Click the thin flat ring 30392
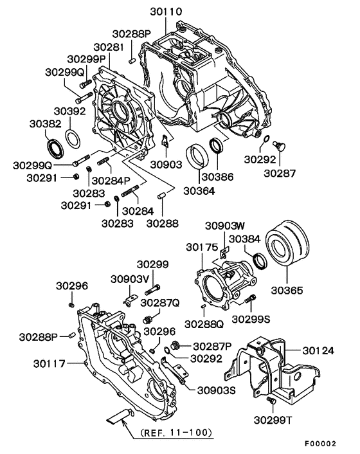coord(74,138)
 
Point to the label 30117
coord(50,364)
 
